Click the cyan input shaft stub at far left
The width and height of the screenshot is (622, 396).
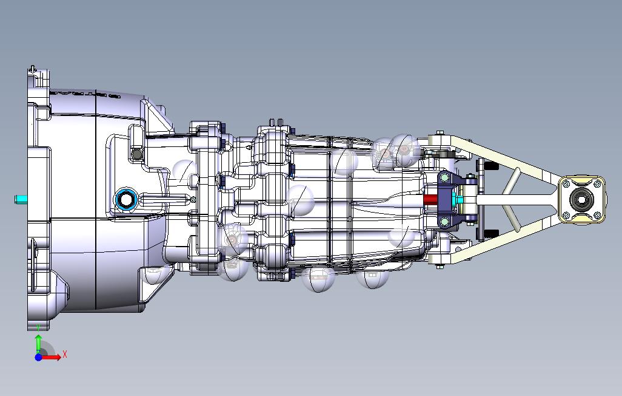[21, 199]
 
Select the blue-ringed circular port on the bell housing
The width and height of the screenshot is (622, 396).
[126, 199]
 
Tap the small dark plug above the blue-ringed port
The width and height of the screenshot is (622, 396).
[137, 154]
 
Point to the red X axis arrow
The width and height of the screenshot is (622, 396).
[51, 357]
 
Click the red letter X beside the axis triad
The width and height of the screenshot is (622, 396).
[64, 354]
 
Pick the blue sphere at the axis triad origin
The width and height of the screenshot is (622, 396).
[38, 358]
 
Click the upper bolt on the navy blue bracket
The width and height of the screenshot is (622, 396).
[444, 177]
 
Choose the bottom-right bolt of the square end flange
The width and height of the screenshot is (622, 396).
[598, 215]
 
